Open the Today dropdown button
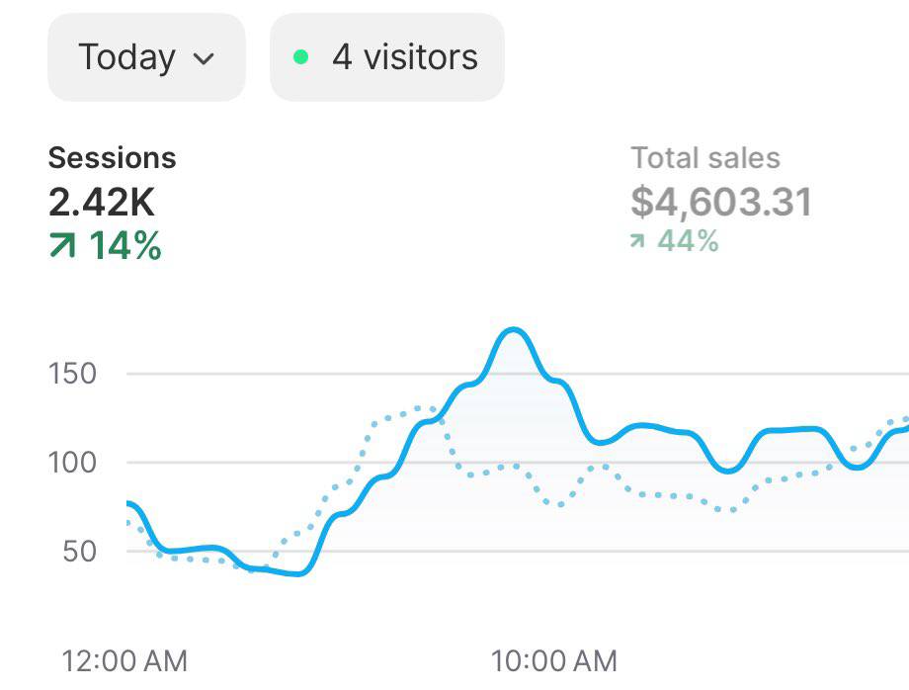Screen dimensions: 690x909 pyautogui.click(x=146, y=57)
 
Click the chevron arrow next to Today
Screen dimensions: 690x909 pyautogui.click(x=205, y=58)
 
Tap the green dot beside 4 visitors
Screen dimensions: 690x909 pyautogui.click(x=301, y=57)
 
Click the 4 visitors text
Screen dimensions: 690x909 pyautogui.click(x=404, y=57)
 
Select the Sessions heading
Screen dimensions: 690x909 pyautogui.click(x=112, y=158)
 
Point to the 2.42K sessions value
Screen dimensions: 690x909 pyautogui.click(x=102, y=203)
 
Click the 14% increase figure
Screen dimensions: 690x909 pyautogui.click(x=125, y=246)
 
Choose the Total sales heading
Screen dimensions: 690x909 pyautogui.click(x=705, y=158)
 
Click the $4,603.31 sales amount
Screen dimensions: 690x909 pyautogui.click(x=721, y=203)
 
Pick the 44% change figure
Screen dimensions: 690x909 pyautogui.click(x=688, y=240)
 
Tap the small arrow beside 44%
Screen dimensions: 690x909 pyautogui.click(x=638, y=241)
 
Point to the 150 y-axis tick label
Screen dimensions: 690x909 pyautogui.click(x=73, y=374)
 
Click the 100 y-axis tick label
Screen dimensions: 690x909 pyautogui.click(x=73, y=462)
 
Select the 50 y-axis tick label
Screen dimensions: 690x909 pyautogui.click(x=79, y=551)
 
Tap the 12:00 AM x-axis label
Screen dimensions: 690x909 pyautogui.click(x=124, y=660)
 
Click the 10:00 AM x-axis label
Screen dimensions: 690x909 pyautogui.click(x=553, y=660)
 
